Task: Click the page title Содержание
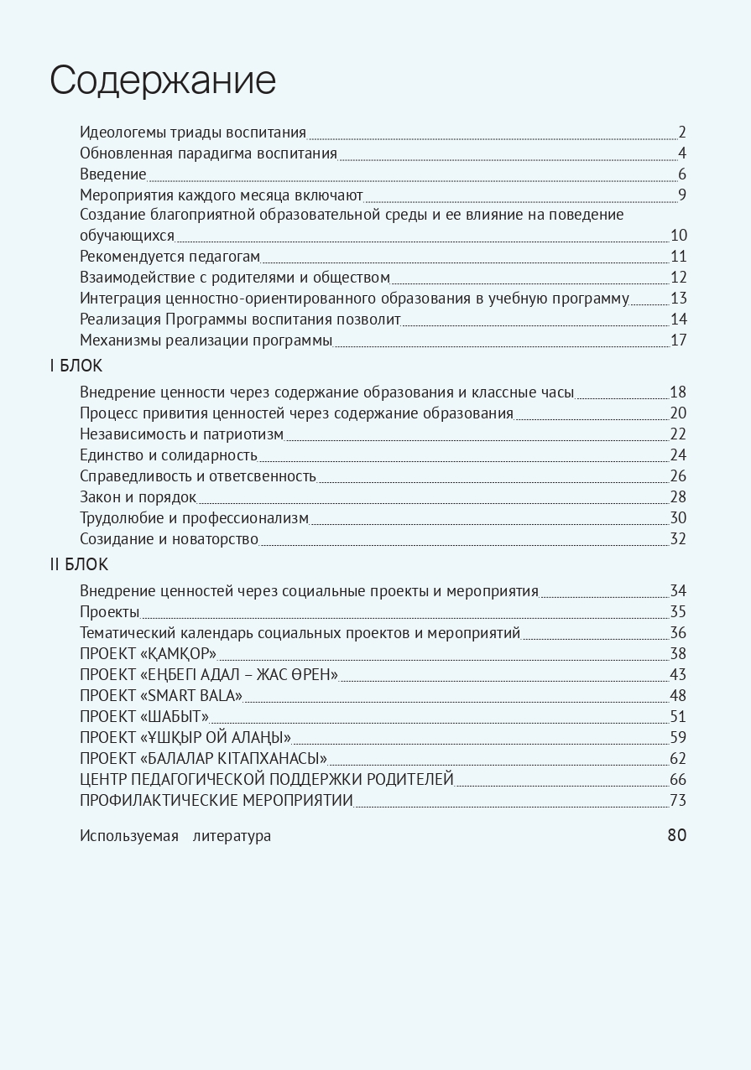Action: tap(163, 81)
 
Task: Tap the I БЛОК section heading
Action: tap(76, 366)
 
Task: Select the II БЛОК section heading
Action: tap(79, 564)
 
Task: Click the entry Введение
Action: tap(113, 174)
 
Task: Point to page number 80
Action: tap(676, 835)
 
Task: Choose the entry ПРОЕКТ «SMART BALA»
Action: tap(161, 695)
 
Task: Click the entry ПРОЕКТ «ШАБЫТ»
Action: tap(144, 716)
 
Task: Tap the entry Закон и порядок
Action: tap(138, 496)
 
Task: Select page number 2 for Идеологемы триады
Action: tap(682, 132)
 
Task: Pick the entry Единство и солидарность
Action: tap(169, 454)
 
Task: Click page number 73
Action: tap(678, 800)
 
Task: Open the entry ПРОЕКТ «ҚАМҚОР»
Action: tap(149, 653)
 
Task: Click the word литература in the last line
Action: tap(232, 836)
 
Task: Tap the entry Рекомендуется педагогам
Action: tap(170, 257)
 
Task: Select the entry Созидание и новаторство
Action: tap(169, 538)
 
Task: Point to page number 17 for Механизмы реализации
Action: tap(678, 340)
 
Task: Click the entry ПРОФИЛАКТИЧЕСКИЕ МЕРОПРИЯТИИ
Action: tap(216, 800)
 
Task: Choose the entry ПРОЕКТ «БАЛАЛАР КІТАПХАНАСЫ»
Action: tap(203, 758)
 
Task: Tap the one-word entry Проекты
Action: tap(110, 611)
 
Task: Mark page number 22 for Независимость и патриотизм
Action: tap(678, 434)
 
